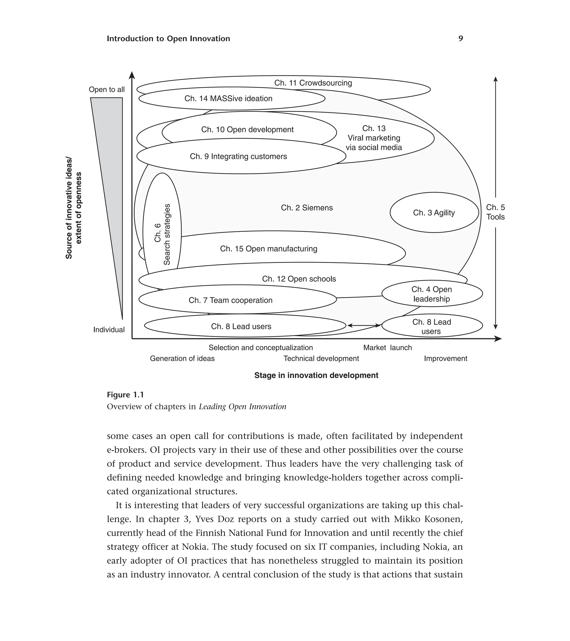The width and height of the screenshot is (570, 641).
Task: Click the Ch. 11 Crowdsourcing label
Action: click(x=313, y=83)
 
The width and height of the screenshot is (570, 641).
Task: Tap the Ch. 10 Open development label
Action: click(x=247, y=130)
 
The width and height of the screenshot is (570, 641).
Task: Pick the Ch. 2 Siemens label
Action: click(x=306, y=208)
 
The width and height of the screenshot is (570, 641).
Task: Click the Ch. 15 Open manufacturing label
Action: click(x=269, y=249)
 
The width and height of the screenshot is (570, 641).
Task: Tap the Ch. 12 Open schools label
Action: click(x=299, y=279)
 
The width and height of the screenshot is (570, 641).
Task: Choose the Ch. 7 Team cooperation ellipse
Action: click(x=230, y=300)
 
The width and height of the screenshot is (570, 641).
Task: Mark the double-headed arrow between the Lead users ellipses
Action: click(x=364, y=326)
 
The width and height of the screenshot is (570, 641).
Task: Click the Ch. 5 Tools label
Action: click(x=495, y=212)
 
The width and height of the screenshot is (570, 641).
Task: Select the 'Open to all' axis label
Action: click(x=107, y=89)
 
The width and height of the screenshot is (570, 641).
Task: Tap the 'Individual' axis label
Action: click(x=109, y=330)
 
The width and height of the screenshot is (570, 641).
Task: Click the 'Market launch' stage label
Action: click(x=387, y=347)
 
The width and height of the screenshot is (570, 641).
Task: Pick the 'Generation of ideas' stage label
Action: click(x=182, y=358)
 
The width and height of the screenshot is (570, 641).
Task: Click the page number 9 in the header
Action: click(x=461, y=39)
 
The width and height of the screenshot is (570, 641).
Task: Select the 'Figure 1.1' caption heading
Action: click(x=125, y=395)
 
